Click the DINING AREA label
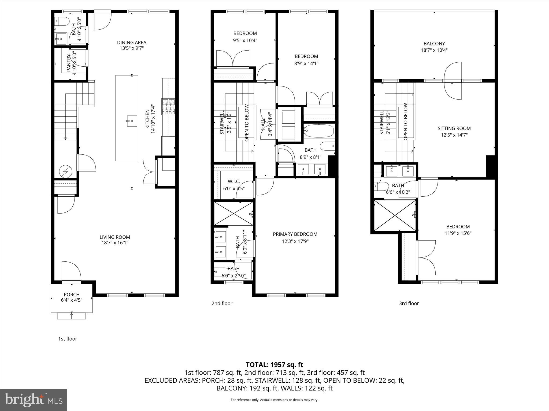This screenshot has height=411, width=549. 132,43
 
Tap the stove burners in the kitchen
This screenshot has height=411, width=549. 168,107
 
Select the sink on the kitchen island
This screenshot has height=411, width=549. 132,121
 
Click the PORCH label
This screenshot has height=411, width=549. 72,294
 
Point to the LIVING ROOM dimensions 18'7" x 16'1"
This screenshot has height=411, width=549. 115,243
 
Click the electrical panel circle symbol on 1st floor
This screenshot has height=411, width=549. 66,172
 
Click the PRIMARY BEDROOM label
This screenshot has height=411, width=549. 295,234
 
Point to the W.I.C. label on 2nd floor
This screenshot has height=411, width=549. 234,181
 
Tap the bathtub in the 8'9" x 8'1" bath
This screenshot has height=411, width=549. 319,131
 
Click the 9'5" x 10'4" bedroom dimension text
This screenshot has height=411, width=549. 245,40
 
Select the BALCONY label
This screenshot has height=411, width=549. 434,43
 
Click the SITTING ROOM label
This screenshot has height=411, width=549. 454,128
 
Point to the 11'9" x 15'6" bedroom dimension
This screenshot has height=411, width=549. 458,233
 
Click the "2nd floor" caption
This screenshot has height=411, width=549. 222,303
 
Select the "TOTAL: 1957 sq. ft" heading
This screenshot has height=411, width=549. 274,365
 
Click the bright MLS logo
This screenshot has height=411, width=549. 34,400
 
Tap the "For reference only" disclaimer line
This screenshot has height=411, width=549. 274,400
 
